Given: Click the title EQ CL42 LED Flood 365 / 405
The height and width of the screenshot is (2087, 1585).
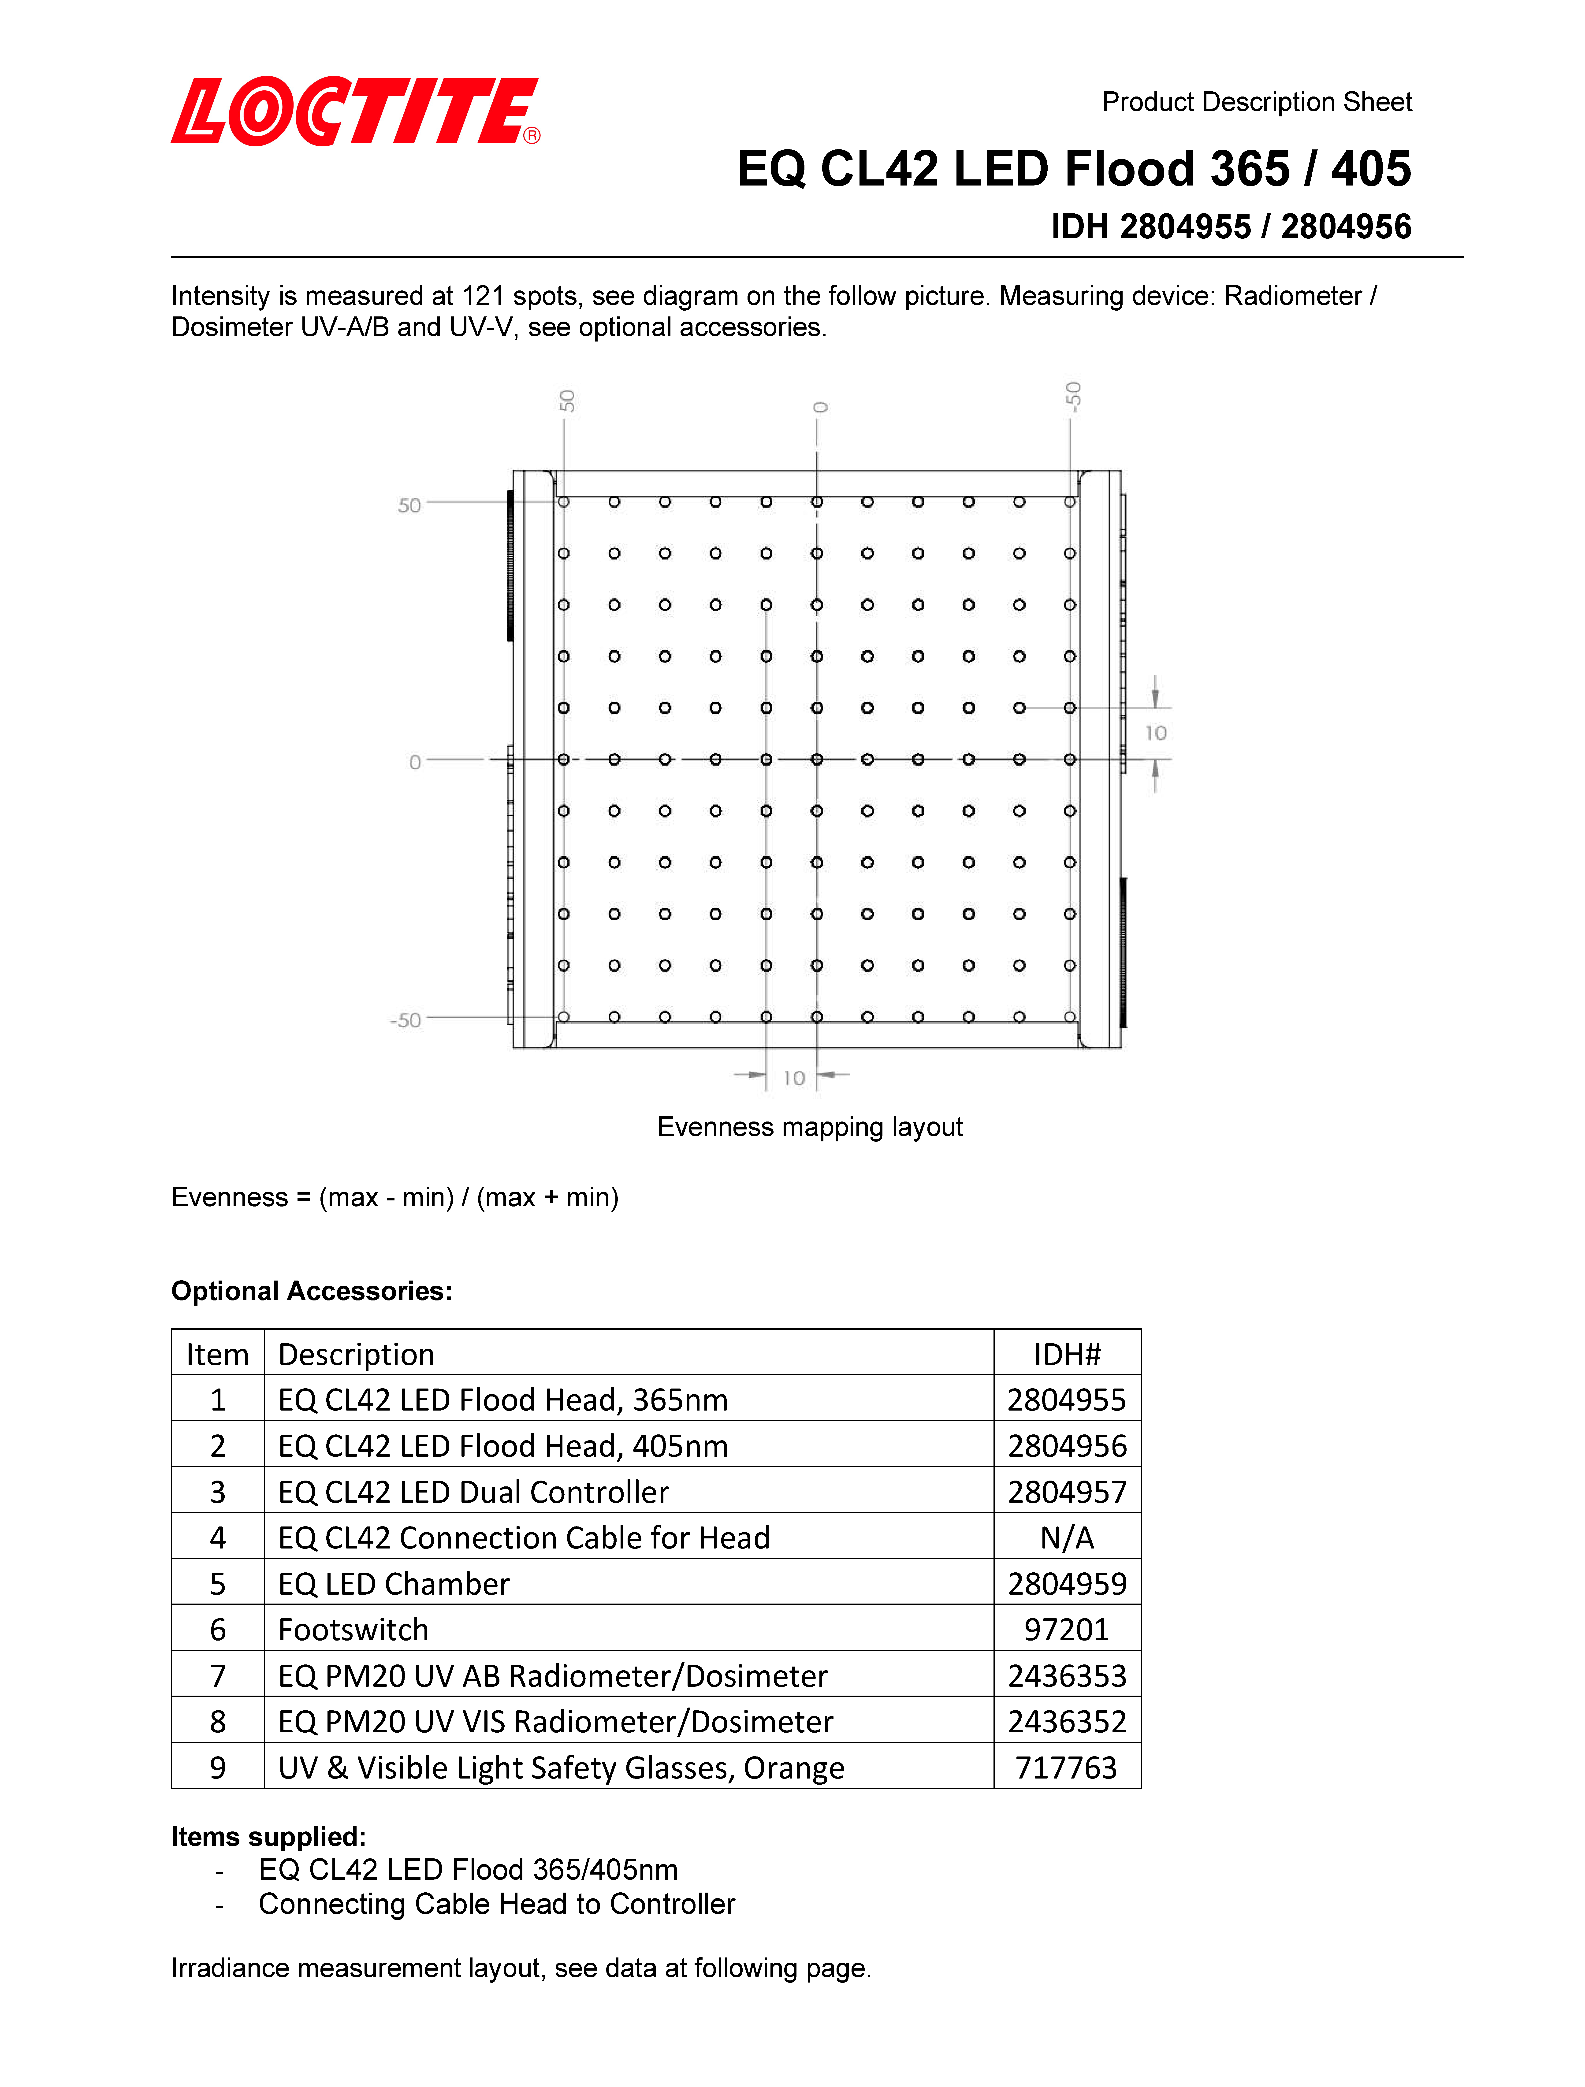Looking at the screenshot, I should coord(1074,170).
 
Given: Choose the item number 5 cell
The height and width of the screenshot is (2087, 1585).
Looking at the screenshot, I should coord(218,1584).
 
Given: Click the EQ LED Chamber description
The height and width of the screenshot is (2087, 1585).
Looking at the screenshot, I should coord(394,1584).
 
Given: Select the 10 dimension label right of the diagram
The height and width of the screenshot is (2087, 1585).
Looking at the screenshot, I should coord(1156,733).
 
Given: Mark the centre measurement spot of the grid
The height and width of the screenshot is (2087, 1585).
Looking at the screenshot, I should coord(817,760).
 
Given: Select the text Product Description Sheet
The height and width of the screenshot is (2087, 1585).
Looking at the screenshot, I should coord(1257,102).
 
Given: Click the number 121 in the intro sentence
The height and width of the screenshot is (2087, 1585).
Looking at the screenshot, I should coord(482,296).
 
